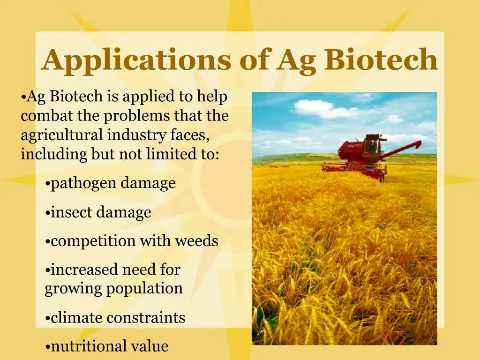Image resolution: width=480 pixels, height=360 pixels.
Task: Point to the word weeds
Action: tap(196, 241)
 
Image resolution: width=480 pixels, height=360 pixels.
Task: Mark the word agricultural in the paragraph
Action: tap(62, 135)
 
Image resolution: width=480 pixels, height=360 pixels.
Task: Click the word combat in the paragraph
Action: tap(45, 116)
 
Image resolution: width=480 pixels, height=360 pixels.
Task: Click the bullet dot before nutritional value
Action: tap(48, 347)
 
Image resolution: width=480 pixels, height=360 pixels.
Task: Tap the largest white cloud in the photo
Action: tap(323, 109)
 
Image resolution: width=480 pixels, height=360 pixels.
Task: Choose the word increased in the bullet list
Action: tap(84, 270)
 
